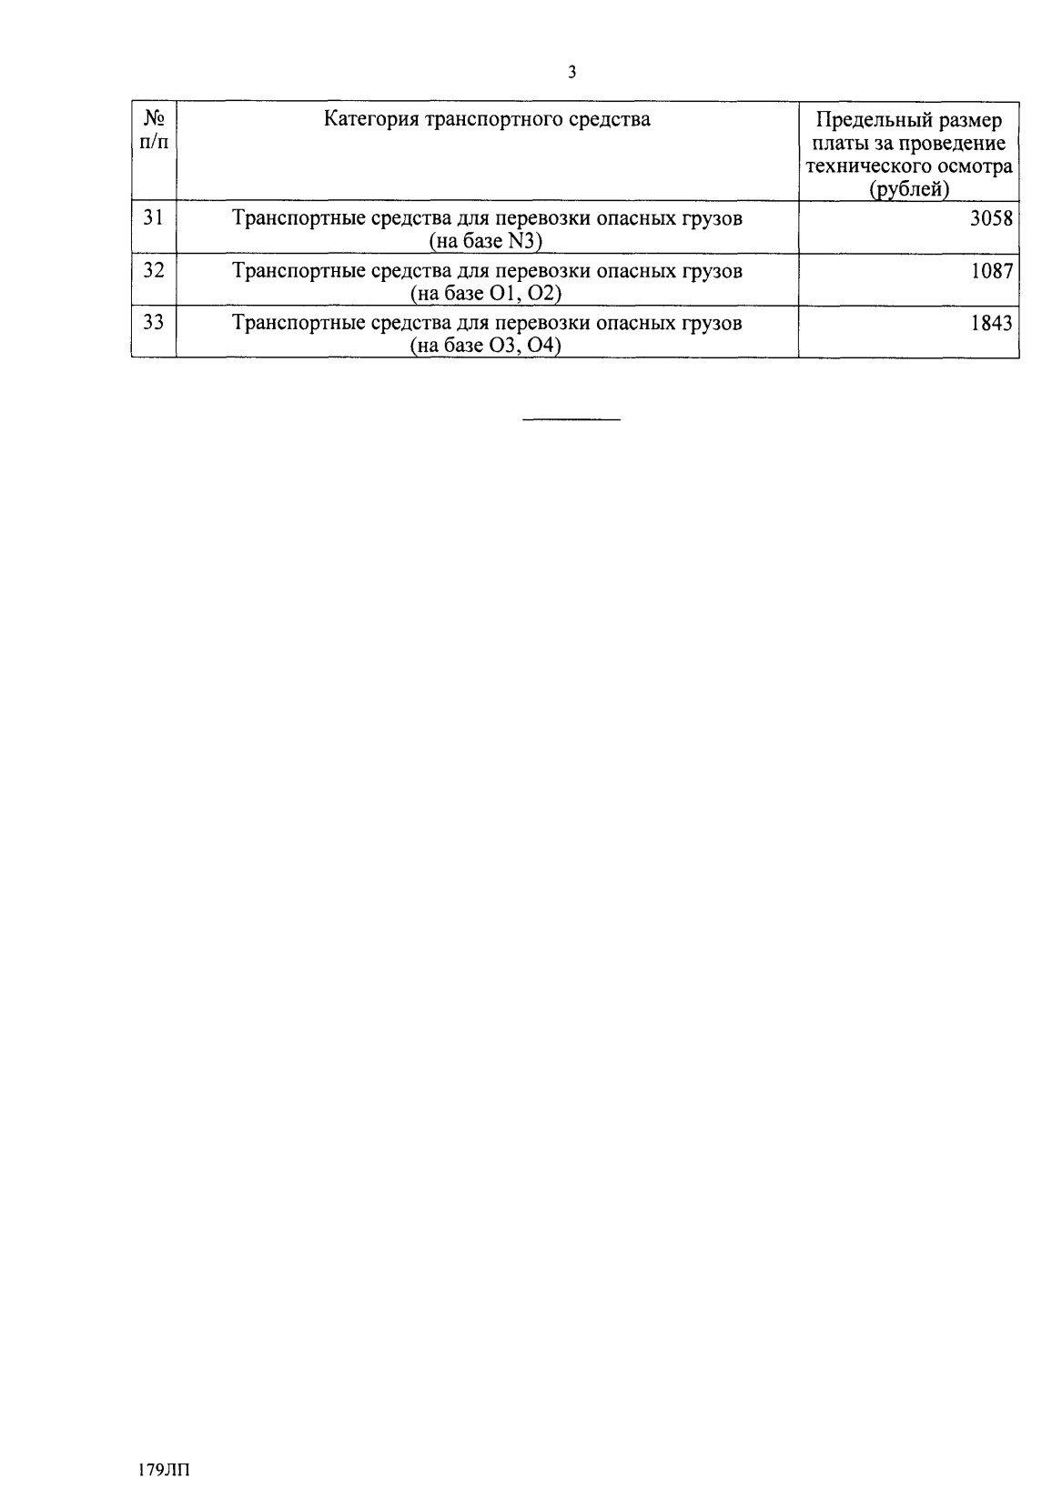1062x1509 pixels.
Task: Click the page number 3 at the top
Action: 571,74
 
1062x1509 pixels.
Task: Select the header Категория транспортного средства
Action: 487,119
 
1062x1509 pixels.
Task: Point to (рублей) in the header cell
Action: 908,189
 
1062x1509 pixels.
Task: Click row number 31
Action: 154,217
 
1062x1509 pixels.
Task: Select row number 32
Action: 154,270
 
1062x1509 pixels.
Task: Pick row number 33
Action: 154,322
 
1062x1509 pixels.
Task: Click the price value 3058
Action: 991,218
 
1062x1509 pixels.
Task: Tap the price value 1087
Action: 991,271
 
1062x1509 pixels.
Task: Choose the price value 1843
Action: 991,323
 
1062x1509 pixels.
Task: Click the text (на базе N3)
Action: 486,241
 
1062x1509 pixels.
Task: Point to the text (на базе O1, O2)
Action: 486,293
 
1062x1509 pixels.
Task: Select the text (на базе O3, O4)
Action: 486,346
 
